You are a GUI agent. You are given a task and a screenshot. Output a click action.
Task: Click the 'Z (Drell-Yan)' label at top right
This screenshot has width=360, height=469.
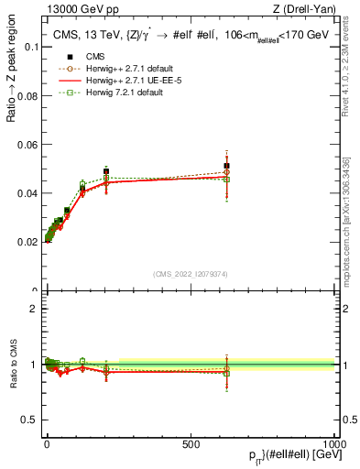coord(305,9)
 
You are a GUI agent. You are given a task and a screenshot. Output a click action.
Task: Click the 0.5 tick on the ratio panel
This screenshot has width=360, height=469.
coord(29,420)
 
